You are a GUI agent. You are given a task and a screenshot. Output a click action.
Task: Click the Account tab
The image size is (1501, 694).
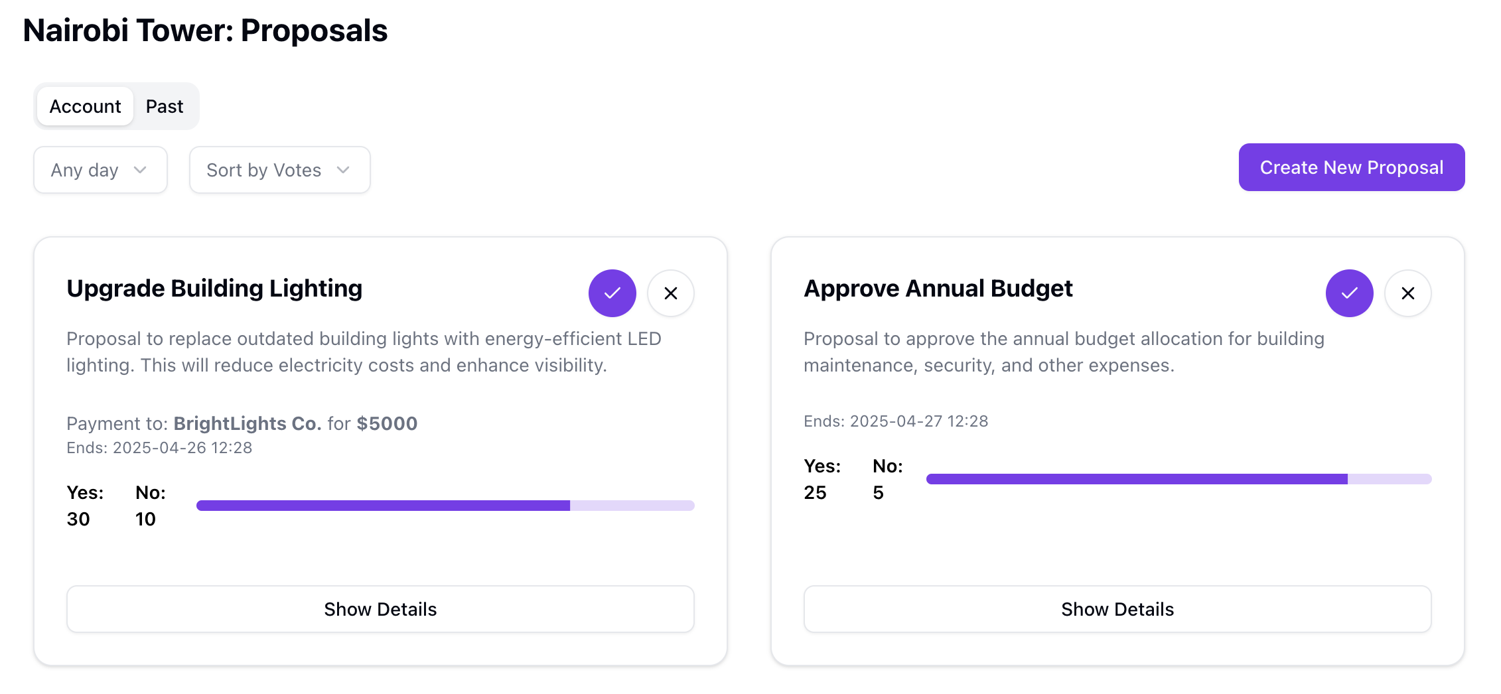[x=85, y=106]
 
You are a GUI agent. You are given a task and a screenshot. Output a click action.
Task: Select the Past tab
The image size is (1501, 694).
[x=165, y=106]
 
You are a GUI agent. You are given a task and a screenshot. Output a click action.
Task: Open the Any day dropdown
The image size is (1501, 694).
[x=100, y=170]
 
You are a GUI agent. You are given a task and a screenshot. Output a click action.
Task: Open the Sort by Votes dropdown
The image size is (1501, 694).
[x=279, y=170]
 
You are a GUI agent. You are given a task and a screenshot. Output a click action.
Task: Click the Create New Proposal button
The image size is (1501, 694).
[x=1351, y=167]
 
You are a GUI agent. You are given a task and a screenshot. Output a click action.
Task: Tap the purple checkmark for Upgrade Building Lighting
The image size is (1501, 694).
[x=612, y=293]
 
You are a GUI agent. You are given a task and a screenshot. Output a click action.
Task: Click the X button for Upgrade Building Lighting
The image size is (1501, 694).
[x=670, y=293]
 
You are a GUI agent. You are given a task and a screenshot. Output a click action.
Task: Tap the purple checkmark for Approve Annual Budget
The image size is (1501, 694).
[x=1349, y=293]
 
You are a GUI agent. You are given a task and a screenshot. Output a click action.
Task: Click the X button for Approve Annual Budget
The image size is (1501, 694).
[x=1407, y=293]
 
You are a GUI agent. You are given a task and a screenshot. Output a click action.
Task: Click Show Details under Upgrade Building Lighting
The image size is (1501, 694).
[x=380, y=609]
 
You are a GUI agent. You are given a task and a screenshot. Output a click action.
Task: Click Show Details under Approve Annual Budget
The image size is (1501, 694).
[x=1117, y=609]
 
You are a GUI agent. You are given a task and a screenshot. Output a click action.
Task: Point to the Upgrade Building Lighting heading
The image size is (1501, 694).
[x=214, y=289]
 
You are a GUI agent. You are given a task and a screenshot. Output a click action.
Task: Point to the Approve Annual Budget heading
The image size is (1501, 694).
[x=938, y=289]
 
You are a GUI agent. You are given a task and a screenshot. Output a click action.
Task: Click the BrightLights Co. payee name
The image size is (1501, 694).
[x=248, y=423]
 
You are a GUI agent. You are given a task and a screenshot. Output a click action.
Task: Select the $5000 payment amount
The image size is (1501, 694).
[x=387, y=423]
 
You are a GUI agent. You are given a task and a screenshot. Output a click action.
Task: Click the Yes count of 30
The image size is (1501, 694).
[x=78, y=519]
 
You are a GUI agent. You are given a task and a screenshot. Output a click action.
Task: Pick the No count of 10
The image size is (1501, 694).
[x=145, y=519]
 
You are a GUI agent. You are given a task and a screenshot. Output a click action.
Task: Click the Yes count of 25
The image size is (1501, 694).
[x=815, y=492]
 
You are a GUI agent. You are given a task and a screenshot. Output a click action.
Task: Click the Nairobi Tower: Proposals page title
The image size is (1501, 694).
[x=205, y=31]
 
